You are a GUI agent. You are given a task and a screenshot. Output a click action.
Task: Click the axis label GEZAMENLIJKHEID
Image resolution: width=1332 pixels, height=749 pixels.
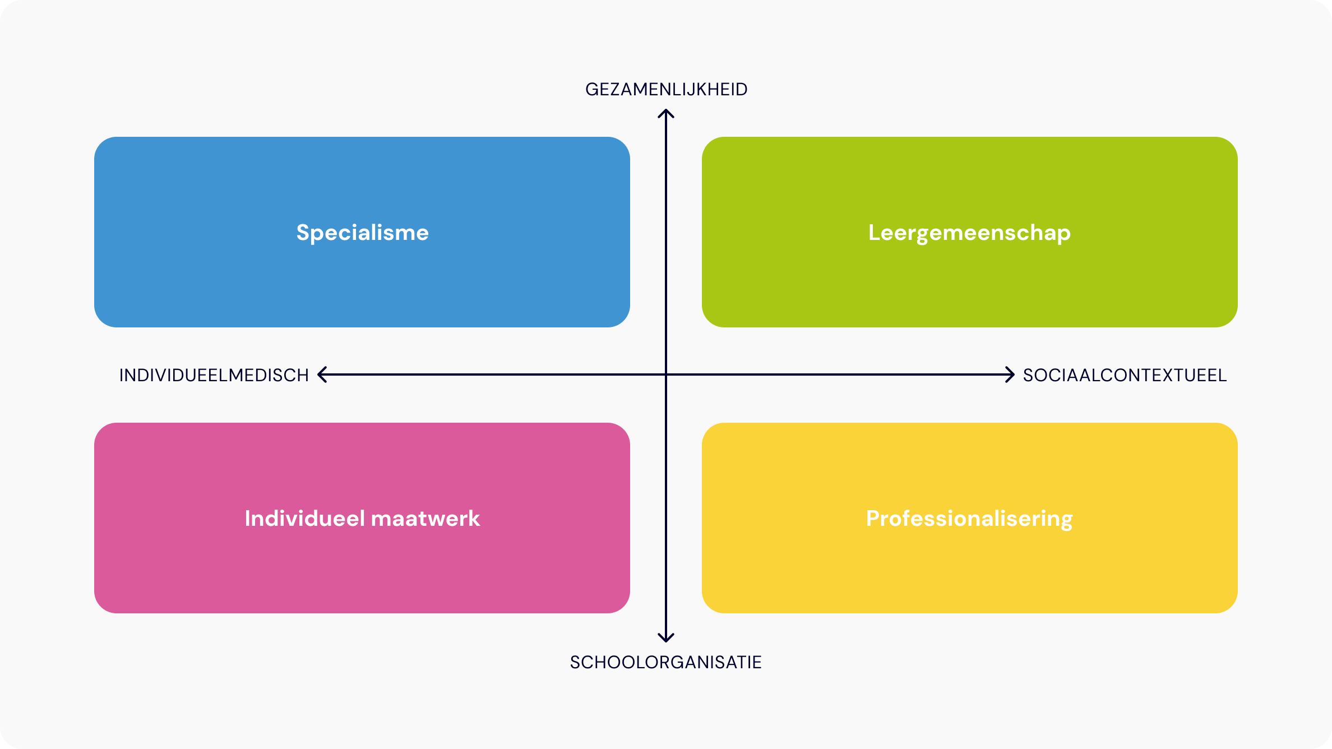click(666, 90)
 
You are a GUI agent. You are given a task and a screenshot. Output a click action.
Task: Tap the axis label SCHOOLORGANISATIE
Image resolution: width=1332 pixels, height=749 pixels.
click(665, 663)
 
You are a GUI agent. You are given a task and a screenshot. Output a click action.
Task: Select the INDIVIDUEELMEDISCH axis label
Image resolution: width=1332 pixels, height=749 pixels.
click(214, 376)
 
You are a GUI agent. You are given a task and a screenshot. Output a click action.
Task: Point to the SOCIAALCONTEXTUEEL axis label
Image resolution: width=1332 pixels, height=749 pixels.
click(1125, 376)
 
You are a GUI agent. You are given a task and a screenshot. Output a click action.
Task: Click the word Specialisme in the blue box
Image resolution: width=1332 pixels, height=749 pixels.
click(362, 233)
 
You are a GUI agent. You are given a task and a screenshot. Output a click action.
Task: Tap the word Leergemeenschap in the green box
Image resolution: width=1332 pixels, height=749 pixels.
click(969, 233)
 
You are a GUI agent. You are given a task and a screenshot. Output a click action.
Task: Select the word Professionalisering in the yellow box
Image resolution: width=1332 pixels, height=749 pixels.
click(969, 519)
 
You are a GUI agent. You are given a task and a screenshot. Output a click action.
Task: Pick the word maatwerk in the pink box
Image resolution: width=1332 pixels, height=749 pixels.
click(425, 519)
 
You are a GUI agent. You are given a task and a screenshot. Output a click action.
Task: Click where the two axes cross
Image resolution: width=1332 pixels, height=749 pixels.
click(666, 374)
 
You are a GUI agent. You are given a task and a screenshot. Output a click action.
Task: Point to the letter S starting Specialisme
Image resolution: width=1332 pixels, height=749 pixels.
click(303, 233)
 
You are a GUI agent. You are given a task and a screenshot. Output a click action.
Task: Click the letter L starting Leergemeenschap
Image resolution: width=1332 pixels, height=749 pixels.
click(875, 233)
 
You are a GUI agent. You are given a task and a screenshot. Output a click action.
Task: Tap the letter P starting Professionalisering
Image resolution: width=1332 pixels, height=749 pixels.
click(873, 519)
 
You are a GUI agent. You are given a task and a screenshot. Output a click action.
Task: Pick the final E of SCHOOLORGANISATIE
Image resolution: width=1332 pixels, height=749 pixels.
click(757, 663)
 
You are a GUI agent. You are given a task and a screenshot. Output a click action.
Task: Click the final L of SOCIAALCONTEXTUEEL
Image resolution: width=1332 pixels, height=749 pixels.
click(1223, 376)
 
